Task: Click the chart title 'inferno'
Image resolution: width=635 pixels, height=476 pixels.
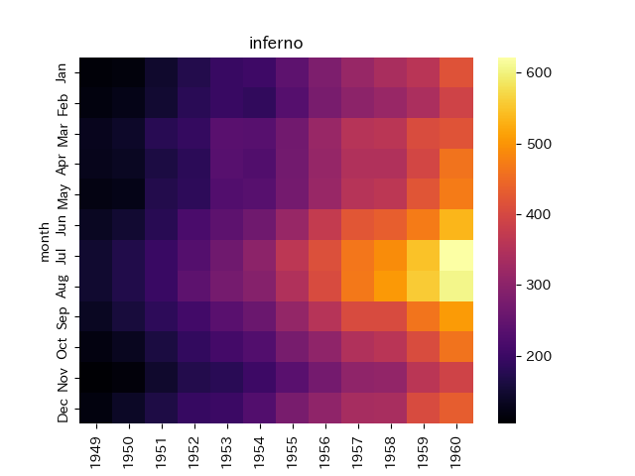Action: [x=276, y=43]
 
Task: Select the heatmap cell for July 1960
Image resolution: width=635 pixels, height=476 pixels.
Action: [x=456, y=256]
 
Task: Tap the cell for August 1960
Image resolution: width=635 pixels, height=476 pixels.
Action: [x=456, y=287]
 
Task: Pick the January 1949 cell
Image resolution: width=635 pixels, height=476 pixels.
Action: [x=96, y=72]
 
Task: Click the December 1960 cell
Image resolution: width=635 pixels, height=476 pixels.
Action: [x=456, y=408]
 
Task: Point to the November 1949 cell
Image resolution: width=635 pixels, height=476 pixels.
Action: [x=96, y=377]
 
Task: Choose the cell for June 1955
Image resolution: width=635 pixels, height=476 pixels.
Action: [x=293, y=225]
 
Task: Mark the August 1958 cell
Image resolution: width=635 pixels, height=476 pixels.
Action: [x=391, y=287]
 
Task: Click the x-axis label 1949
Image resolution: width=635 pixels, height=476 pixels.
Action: [x=96, y=452]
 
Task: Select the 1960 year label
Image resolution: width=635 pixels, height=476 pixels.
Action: [x=456, y=452]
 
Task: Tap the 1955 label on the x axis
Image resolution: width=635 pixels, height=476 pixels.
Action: [x=293, y=452]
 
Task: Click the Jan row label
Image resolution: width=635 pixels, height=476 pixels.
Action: [x=62, y=72]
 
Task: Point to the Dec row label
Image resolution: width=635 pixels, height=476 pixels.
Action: [x=62, y=410]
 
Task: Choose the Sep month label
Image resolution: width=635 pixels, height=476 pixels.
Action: [x=62, y=317]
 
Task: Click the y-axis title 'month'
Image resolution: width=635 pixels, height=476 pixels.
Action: [x=44, y=242]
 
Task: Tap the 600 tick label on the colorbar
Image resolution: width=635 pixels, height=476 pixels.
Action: [x=539, y=72]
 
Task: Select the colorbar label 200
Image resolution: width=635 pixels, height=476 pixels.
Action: [x=539, y=356]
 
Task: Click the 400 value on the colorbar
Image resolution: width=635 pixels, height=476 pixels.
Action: [x=539, y=214]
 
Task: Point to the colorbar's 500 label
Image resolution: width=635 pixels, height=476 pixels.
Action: [x=539, y=144]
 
